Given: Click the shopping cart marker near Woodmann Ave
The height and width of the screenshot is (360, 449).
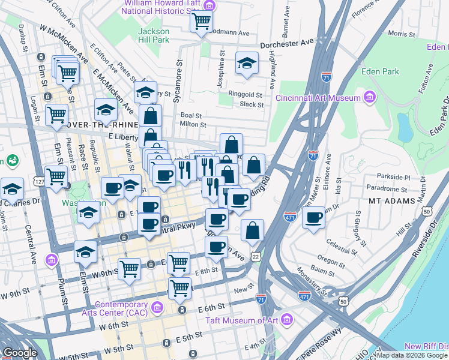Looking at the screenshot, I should (201, 22).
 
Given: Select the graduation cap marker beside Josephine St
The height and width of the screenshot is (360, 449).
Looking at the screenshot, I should (246, 63).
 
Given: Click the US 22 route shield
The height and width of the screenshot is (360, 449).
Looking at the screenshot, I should (255, 256).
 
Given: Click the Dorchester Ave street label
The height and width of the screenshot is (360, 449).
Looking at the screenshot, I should (287, 44).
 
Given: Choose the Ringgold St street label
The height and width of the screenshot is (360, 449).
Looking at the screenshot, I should (246, 95).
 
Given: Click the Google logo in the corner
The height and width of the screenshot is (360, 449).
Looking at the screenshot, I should (20, 353).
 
